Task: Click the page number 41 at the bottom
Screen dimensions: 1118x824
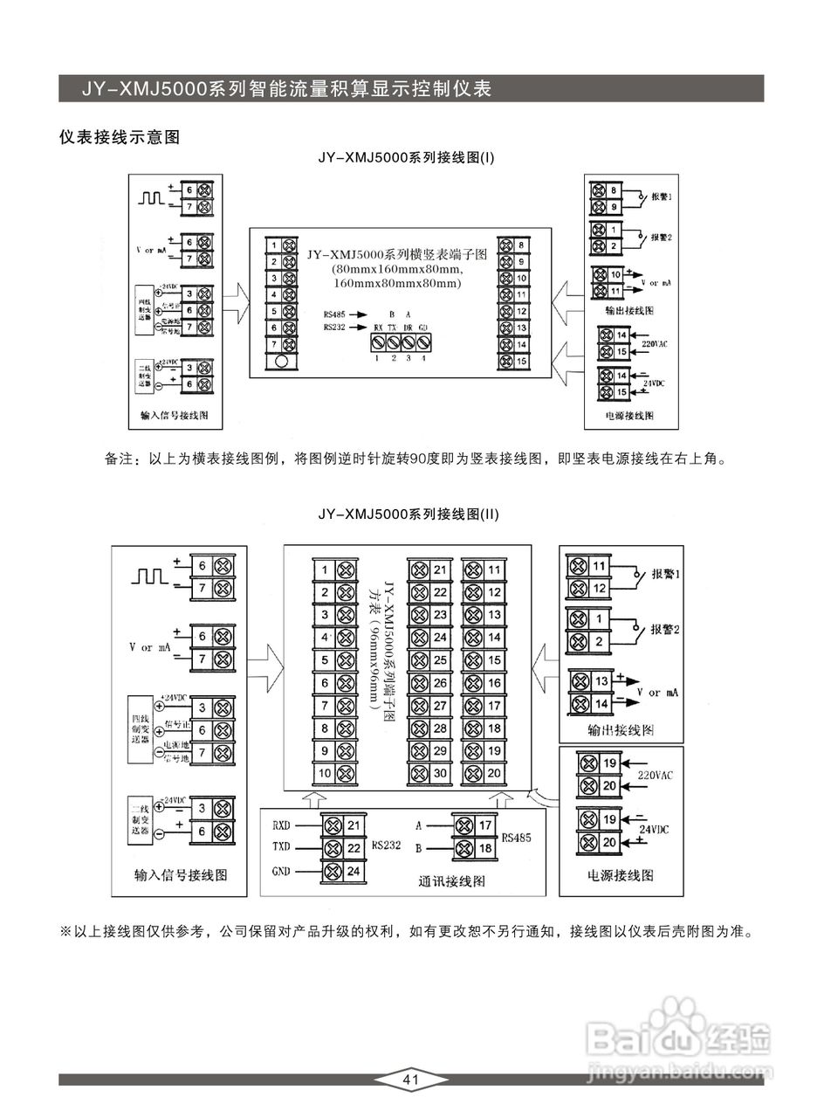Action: point(411,1080)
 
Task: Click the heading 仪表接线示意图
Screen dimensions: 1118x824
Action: point(119,137)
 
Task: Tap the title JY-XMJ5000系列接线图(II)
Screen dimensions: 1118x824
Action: point(409,514)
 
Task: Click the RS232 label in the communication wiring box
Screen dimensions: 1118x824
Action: point(386,845)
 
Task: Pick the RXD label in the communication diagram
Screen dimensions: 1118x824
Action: point(281,825)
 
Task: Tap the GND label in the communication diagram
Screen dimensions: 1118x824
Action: point(281,871)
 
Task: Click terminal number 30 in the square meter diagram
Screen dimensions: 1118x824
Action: point(440,773)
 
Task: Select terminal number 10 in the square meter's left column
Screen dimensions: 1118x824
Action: point(324,773)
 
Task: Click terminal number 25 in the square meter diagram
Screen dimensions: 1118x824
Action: point(440,660)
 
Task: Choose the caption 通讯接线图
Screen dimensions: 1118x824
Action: point(452,881)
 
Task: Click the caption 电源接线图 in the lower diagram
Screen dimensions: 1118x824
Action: point(621,875)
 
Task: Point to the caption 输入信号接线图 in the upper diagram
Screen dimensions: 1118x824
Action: point(175,415)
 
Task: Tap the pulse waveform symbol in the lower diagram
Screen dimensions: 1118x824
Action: point(149,576)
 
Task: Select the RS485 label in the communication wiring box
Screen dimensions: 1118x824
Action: point(514,837)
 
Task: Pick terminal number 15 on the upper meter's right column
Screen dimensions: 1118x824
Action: point(521,361)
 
